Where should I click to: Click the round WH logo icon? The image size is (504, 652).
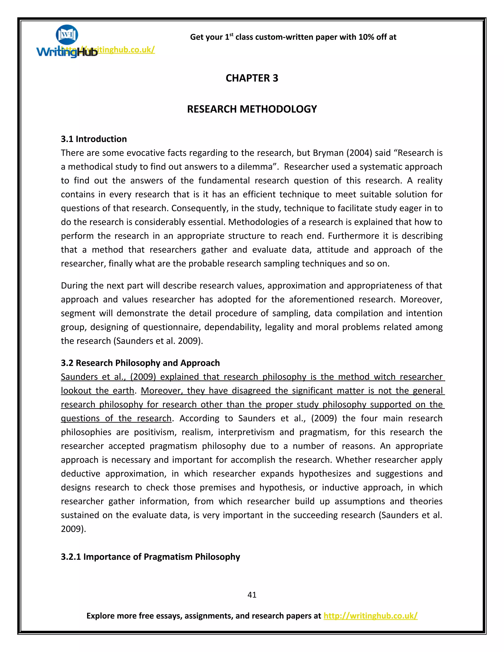coord(67,34)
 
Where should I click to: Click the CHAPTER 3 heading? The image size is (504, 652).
coord(252,78)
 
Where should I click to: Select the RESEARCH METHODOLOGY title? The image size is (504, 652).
coord(252,109)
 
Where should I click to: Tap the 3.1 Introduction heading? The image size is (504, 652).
coord(94,139)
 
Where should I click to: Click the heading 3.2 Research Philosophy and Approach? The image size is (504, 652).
coord(140,363)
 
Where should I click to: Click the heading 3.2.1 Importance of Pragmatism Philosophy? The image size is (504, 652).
coord(150,557)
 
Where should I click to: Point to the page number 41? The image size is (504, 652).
coord(252,595)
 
